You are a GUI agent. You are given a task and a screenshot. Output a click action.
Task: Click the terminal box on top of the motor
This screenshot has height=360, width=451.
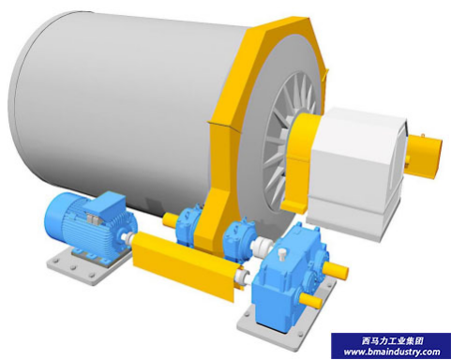tap(105, 204)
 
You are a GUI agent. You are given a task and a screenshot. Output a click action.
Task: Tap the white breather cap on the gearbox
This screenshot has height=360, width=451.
tap(282, 254)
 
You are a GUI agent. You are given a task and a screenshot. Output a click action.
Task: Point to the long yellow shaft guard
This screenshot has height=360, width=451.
tap(186, 263)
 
